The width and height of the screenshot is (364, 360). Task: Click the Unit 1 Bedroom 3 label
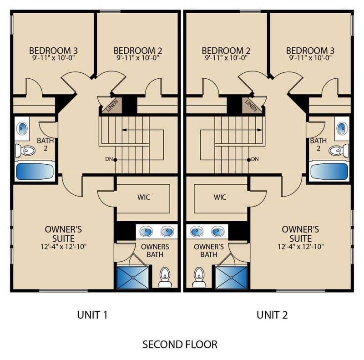click(53, 51)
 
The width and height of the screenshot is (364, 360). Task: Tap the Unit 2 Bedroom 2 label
click(226, 51)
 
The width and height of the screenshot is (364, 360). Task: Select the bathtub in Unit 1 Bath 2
click(35, 172)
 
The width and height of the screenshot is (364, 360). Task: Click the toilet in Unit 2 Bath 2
click(339, 151)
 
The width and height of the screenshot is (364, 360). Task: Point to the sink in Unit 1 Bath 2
click(22, 128)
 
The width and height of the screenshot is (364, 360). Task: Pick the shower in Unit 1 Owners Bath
click(132, 278)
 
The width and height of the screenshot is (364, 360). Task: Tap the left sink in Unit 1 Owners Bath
click(146, 232)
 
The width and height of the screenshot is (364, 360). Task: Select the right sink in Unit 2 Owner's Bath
click(218, 232)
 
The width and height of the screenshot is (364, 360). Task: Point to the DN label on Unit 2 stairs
click(255, 159)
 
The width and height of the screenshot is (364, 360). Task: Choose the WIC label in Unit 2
click(220, 197)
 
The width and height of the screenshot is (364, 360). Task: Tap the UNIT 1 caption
click(92, 315)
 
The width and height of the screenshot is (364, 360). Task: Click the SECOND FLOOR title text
click(180, 345)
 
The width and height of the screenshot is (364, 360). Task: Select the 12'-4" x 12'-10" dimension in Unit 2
click(301, 246)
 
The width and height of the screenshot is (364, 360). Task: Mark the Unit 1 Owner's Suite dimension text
click(63, 246)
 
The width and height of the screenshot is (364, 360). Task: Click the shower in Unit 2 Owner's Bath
click(231, 278)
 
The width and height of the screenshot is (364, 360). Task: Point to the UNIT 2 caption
click(272, 315)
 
